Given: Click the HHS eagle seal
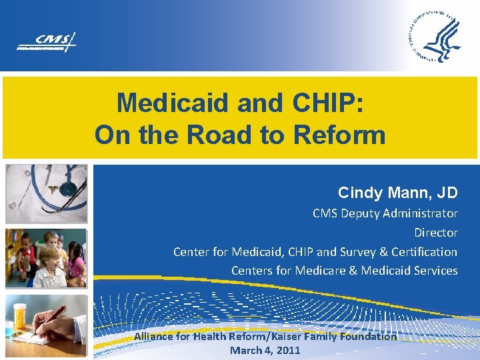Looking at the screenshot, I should click(x=433, y=37).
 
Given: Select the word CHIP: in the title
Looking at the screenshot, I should click(x=327, y=103).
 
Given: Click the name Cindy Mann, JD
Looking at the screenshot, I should click(x=397, y=193).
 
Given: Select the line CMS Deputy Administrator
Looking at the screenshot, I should click(x=385, y=214).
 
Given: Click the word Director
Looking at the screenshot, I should click(x=435, y=233).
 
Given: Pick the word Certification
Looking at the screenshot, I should click(x=424, y=252).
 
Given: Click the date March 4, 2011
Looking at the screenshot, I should click(x=265, y=350).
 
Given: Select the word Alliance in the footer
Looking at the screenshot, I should click(x=155, y=337).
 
